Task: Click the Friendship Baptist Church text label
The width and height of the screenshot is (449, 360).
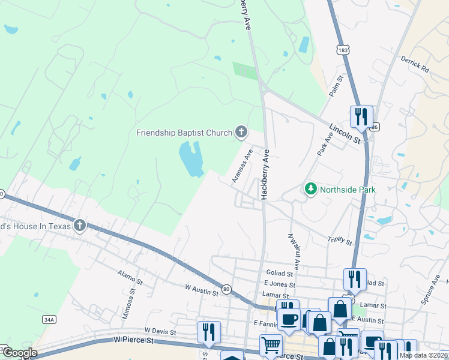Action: (x=184, y=133)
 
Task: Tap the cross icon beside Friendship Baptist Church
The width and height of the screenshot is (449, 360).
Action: (x=241, y=131)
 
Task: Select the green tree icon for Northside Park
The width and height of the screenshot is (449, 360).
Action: (x=311, y=189)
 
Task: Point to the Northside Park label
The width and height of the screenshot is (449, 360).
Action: (x=348, y=190)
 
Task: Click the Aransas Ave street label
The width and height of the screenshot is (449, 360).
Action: (x=241, y=166)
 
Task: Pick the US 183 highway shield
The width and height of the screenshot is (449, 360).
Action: (x=342, y=47)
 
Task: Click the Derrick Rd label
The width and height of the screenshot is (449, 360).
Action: (x=415, y=65)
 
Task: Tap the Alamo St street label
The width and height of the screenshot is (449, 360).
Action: (x=130, y=277)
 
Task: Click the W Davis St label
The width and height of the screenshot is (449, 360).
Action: (x=160, y=331)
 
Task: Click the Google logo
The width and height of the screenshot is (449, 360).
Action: (x=20, y=353)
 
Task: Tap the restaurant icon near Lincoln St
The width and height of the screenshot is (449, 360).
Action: (x=361, y=117)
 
